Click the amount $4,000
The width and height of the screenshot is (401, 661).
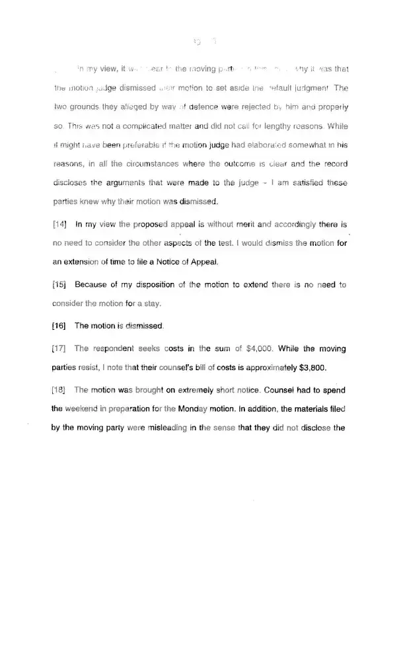tap(258, 348)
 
